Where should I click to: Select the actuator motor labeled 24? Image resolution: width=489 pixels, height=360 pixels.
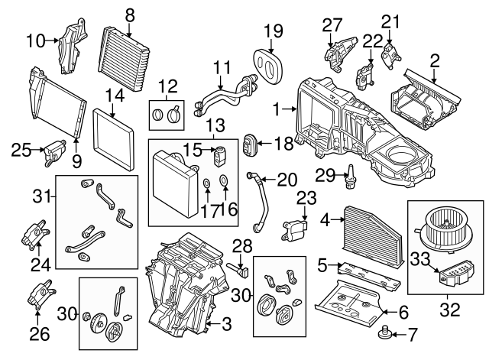[x=36, y=234]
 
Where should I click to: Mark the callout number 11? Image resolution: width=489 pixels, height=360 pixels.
[x=222, y=67]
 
